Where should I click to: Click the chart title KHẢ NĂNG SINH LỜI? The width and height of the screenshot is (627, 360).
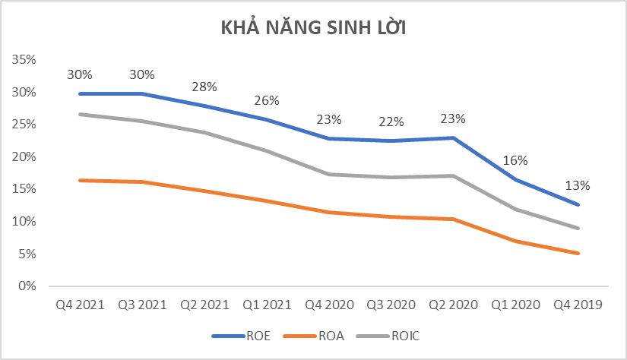(x=313, y=28)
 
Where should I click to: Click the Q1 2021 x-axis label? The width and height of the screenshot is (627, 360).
(x=267, y=305)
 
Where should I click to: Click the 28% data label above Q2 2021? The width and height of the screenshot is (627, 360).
(x=204, y=87)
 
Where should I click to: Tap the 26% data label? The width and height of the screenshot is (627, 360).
(x=267, y=100)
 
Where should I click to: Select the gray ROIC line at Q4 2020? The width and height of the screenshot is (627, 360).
(x=329, y=174)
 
